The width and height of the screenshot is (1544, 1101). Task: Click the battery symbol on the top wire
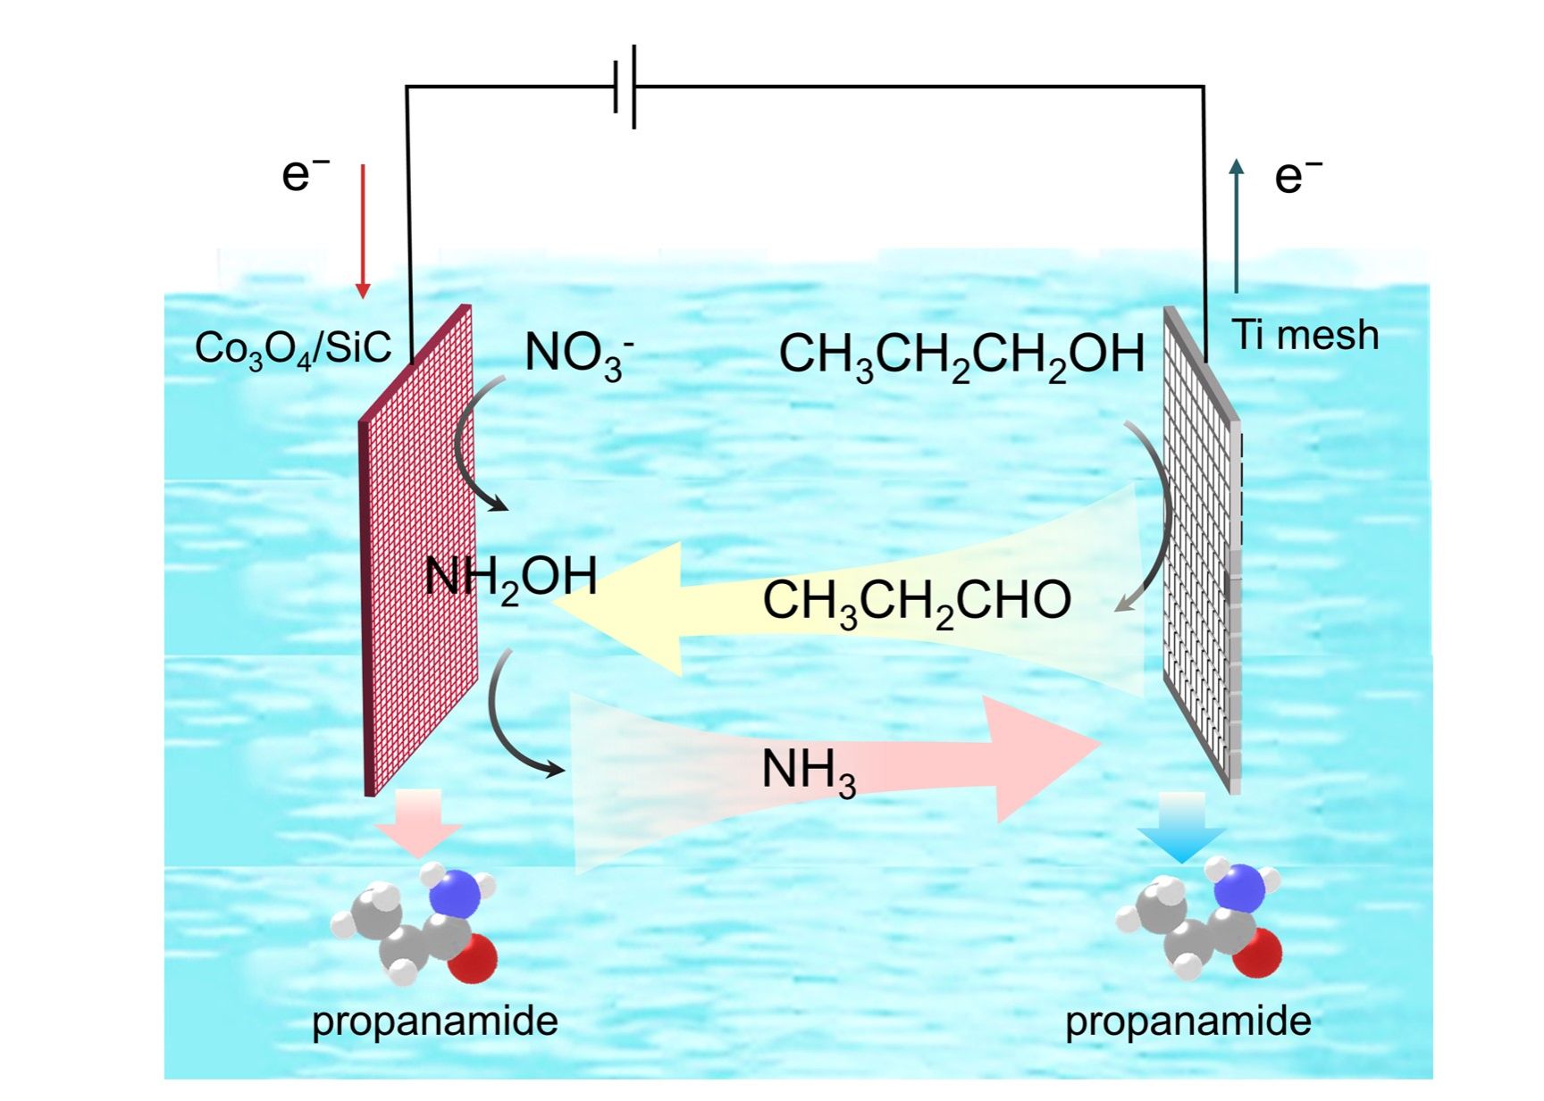pos(625,87)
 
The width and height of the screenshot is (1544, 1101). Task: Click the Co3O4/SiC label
pos(293,348)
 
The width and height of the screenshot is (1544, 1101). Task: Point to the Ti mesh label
pos(1305,335)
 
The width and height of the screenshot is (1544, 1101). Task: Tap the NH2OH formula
pos(511,578)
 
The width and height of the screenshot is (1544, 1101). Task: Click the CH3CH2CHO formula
pos(916,601)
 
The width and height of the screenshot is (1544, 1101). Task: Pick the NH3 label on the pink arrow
pos(809,771)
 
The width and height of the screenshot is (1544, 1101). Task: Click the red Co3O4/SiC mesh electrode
pos(417,554)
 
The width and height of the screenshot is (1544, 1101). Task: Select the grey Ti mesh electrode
pos(1200,554)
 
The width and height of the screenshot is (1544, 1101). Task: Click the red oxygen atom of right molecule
pos(1258,953)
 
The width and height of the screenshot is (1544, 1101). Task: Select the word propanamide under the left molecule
pos(434,1021)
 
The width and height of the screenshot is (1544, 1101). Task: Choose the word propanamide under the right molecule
pos(1187,1021)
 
